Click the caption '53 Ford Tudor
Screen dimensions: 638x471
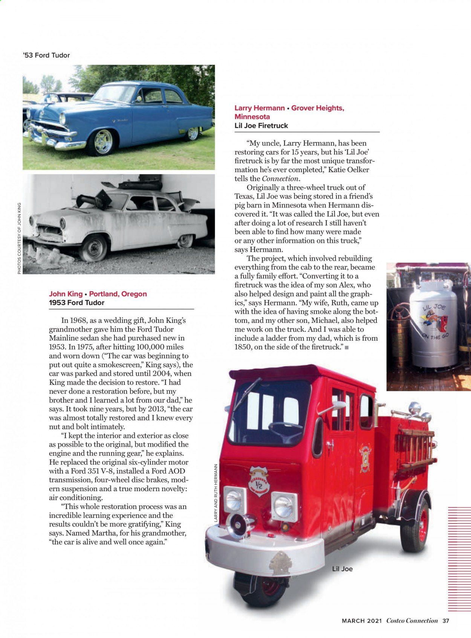(46, 55)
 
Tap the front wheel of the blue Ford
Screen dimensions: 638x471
(103, 142)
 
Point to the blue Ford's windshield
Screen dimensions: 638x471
(114, 93)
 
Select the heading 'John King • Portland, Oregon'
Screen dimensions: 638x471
(98, 294)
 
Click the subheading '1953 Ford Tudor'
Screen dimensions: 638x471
(76, 302)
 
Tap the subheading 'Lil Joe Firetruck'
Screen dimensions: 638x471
(261, 125)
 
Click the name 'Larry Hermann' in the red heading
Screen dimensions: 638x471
(260, 108)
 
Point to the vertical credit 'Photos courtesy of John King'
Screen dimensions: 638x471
(19, 238)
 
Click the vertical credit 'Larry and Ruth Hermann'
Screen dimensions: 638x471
(216, 493)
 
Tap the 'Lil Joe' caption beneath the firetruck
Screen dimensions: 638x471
(342, 569)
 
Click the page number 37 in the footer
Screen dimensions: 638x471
(446, 621)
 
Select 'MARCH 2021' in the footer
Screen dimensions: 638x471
(362, 621)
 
